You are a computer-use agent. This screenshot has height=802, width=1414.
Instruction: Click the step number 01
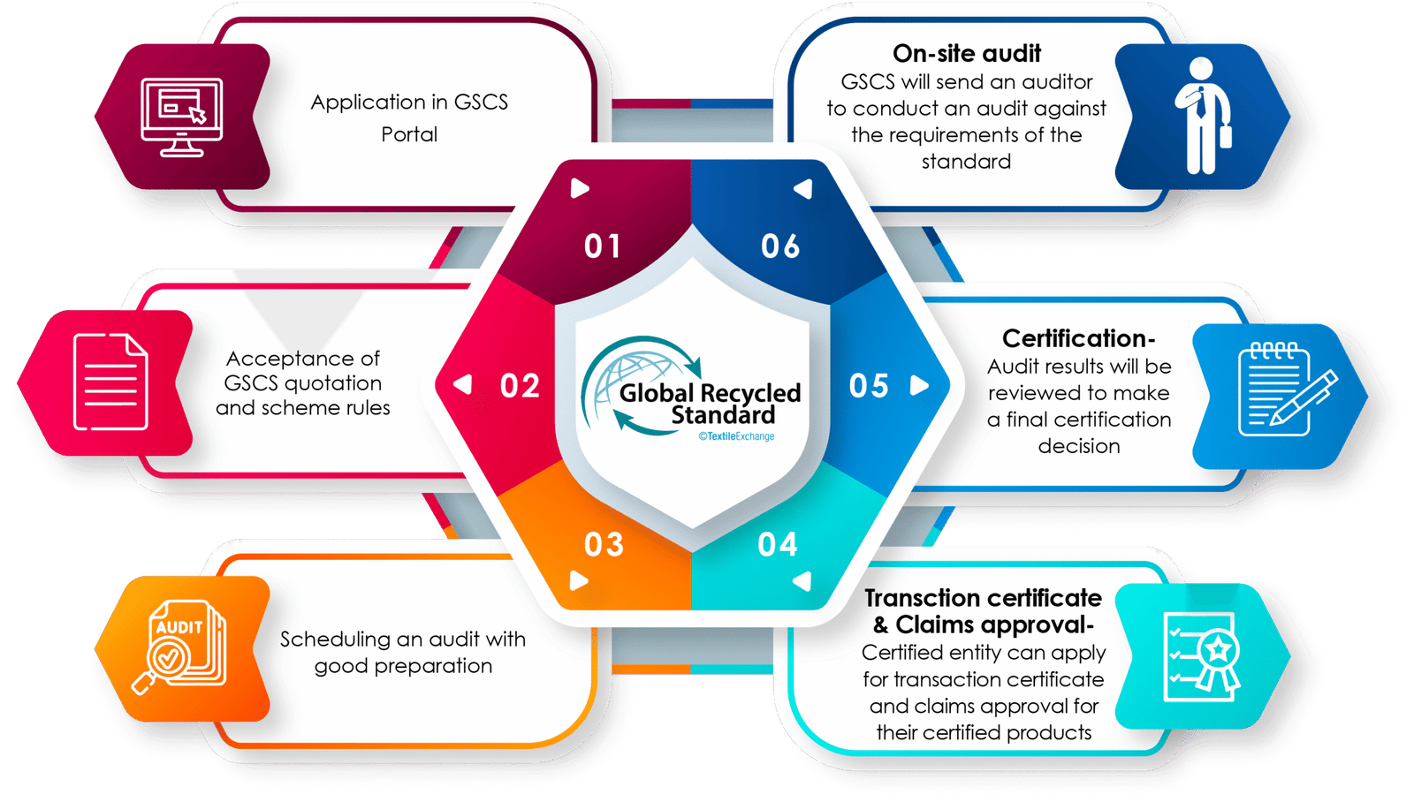tap(603, 246)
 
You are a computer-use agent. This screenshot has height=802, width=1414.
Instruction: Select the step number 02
tap(520, 386)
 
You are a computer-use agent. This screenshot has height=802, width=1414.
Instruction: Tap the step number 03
tap(604, 545)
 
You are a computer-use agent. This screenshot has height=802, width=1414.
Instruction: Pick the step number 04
tap(778, 545)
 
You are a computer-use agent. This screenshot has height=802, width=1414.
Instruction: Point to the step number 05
tap(869, 386)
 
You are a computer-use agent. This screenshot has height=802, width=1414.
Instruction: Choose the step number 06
tap(780, 246)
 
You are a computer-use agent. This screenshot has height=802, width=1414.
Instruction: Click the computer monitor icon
tap(181, 117)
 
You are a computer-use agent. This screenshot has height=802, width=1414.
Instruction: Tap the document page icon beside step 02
tap(110, 382)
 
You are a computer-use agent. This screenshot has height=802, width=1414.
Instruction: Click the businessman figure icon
tap(1202, 116)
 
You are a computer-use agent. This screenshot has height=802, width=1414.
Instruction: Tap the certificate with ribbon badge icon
tap(1203, 655)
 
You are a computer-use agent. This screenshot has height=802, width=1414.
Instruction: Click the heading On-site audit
tap(967, 54)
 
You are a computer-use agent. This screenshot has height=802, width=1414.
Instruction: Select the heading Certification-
tap(1078, 338)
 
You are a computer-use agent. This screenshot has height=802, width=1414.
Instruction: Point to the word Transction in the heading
tap(922, 598)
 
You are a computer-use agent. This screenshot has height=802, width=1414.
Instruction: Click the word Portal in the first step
tap(409, 134)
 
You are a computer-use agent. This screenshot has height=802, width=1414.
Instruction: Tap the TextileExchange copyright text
tap(736, 436)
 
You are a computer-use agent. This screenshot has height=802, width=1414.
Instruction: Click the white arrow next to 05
tap(920, 386)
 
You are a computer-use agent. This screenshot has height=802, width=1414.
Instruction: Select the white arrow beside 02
tap(462, 384)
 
